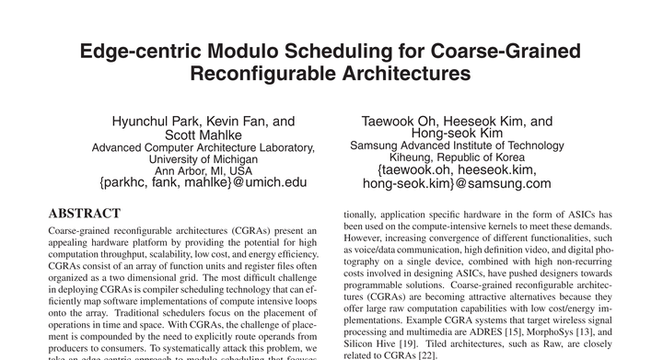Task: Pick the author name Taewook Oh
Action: [401, 121]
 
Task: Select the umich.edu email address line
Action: [203, 182]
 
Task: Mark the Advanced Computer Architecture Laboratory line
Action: [203, 146]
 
